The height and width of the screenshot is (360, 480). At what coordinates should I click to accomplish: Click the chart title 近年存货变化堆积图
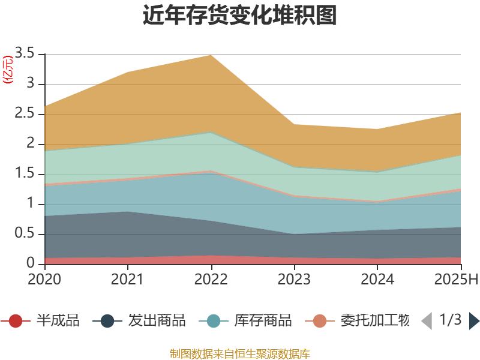[x=240, y=16]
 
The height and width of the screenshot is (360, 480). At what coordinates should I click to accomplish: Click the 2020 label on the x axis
[x=44, y=280]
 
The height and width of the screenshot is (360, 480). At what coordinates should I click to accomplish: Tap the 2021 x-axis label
[x=128, y=280]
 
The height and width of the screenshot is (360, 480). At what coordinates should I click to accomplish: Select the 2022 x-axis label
[x=211, y=280]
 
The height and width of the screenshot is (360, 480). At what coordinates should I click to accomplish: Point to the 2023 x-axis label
[x=295, y=280]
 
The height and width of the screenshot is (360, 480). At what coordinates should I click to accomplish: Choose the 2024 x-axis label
[x=378, y=280]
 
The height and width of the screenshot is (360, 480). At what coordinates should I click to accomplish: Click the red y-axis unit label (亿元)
[x=8, y=70]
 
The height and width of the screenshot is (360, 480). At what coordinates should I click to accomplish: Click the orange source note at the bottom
[x=240, y=353]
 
